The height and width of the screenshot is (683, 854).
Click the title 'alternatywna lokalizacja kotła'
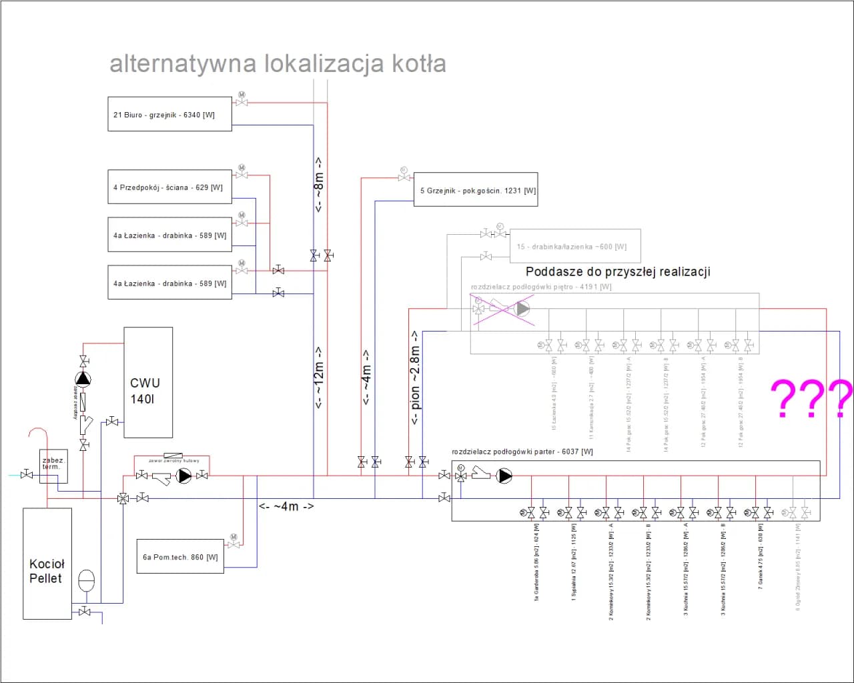pos(278,63)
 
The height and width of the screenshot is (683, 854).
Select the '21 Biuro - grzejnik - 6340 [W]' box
pos(169,114)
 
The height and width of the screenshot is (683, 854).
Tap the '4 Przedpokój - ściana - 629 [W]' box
pos(169,187)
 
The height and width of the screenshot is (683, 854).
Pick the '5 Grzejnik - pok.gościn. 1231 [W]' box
pos(475,190)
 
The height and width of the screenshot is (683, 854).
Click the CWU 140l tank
pos(148,383)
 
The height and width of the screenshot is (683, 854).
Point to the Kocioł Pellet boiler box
pos(47,564)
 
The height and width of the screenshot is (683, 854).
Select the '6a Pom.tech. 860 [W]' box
pos(180,557)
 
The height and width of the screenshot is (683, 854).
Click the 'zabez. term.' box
pos(53,465)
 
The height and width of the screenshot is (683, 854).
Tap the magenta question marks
pos(811,398)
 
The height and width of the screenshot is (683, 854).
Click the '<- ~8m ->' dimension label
pos(319,185)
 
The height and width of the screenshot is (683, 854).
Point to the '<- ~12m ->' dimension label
pos(319,377)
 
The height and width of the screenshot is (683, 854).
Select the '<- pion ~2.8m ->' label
pos(415,378)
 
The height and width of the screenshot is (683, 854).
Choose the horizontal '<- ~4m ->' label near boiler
pos(286,506)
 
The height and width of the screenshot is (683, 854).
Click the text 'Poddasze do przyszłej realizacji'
pos(618,271)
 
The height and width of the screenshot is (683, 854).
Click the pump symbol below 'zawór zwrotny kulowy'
pos(184,476)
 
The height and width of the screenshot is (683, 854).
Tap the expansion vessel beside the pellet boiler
pos(87,580)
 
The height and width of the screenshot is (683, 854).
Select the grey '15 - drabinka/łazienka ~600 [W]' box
pos(575,247)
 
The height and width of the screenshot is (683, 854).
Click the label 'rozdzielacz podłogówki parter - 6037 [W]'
pos(522,452)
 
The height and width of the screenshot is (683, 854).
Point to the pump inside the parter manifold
pos(504,476)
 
